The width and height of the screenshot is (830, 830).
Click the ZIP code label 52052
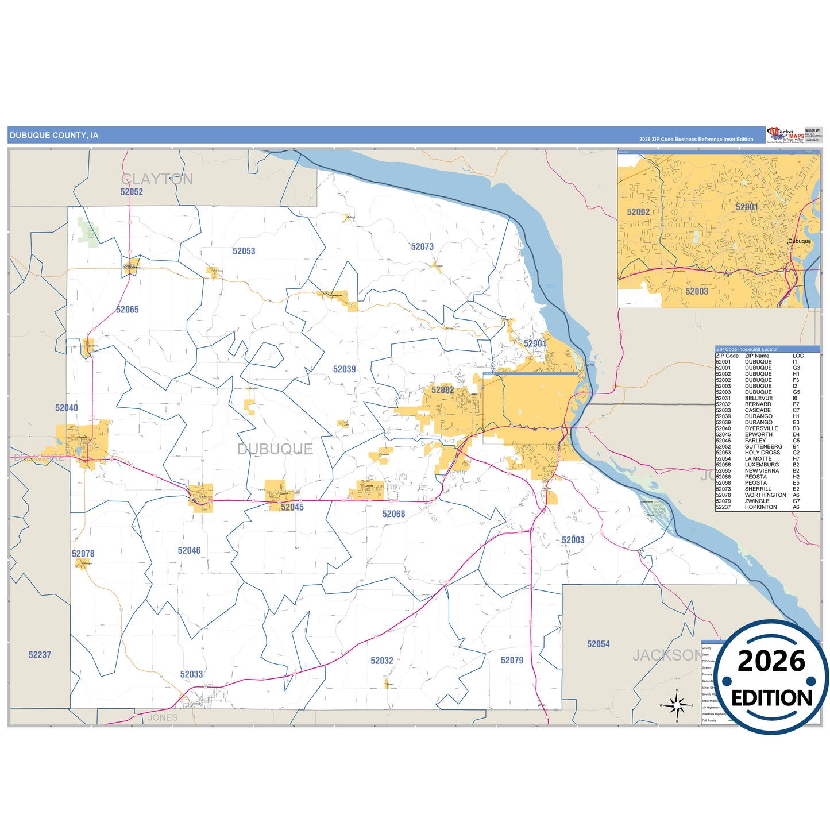(x=132, y=192)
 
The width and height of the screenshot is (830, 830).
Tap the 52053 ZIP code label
(x=244, y=251)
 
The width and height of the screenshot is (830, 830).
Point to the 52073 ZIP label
(x=422, y=246)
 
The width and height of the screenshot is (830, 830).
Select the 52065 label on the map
(x=128, y=310)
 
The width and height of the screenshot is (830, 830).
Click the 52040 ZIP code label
(x=67, y=408)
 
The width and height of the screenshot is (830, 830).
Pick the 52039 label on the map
(x=345, y=369)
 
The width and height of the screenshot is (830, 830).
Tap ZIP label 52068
(x=393, y=514)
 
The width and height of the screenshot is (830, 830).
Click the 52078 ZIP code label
(x=83, y=554)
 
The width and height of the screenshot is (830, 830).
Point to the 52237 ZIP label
(x=40, y=655)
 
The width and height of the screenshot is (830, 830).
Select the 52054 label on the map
(x=598, y=644)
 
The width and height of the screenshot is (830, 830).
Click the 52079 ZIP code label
(x=512, y=661)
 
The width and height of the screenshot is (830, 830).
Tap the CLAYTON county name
(x=157, y=179)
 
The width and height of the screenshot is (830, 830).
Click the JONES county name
(x=163, y=717)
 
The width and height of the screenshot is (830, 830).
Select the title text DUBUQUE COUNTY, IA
(x=54, y=136)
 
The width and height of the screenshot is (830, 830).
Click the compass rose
(x=677, y=704)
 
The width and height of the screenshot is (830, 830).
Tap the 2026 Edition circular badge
(x=771, y=678)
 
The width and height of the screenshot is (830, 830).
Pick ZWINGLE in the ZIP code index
(x=757, y=501)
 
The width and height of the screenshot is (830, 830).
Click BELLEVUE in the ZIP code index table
(x=759, y=398)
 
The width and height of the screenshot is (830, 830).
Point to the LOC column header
(x=798, y=356)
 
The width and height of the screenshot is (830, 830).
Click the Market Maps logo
(x=785, y=134)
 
